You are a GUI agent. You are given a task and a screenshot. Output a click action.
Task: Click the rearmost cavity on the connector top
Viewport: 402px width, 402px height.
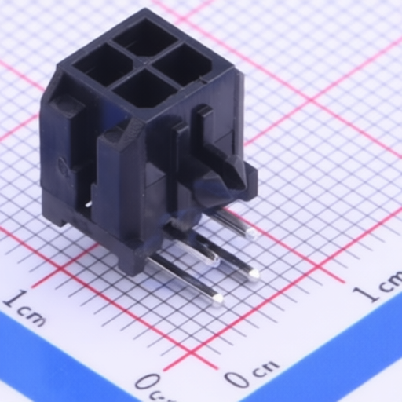(145, 38)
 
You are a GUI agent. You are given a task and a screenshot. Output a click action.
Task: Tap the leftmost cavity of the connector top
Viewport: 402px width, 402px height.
(101, 65)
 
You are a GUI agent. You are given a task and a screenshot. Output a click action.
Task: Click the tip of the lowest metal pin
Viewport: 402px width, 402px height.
(217, 300)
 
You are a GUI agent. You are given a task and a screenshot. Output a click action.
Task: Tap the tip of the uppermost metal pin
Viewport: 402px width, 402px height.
(251, 233)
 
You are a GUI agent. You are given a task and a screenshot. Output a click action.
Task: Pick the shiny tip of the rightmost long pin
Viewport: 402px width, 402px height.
(254, 274)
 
